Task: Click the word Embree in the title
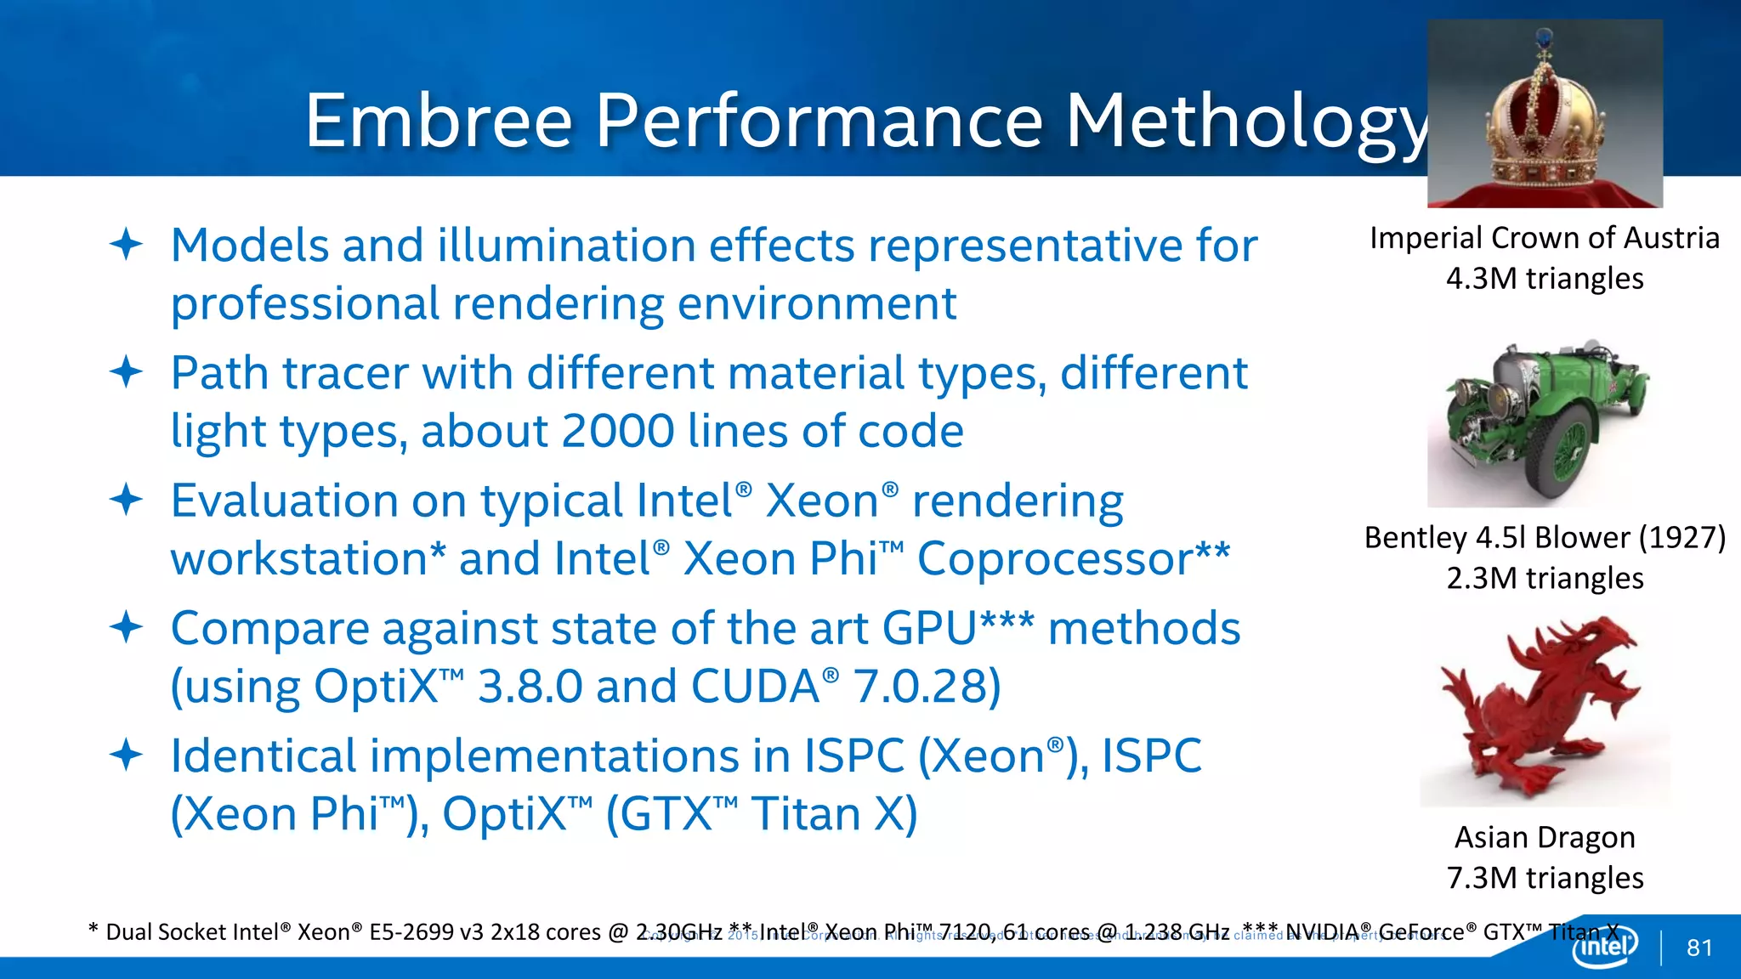pos(439,121)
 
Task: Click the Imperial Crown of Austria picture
pos(1545,113)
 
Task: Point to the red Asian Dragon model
pos(1543,710)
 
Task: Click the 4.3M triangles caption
pos(1545,279)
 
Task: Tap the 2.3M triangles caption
pos(1545,579)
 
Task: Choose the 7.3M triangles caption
pos(1545,878)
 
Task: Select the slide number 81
pos(1699,948)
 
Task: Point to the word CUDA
pos(755,687)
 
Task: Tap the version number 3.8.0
pos(530,687)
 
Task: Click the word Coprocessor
pos(1055,559)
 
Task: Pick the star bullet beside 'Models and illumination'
pos(126,245)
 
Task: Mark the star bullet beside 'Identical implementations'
pos(126,755)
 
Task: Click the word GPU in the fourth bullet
pos(930,629)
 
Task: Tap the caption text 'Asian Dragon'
pos(1545,838)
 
